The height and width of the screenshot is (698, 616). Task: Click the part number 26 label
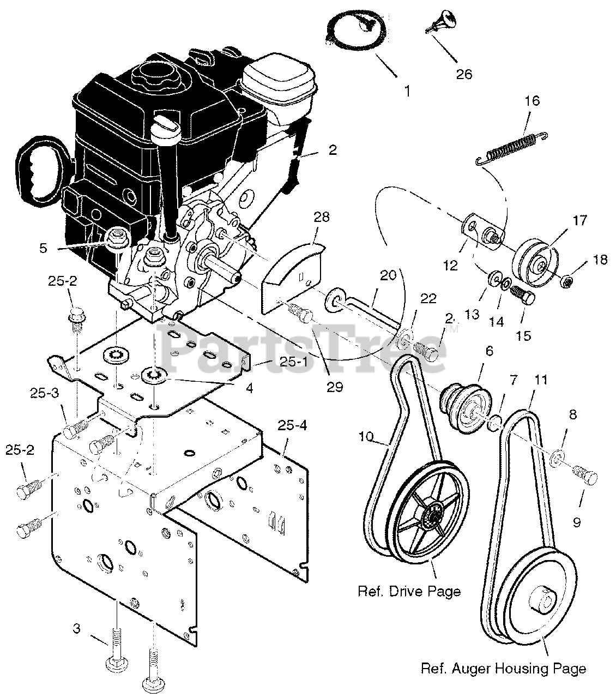[x=464, y=74]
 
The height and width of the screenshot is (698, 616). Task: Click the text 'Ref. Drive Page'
[x=409, y=591]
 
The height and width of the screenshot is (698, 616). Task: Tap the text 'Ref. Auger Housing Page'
[x=503, y=669]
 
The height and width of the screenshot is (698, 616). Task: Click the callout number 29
[x=335, y=387]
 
